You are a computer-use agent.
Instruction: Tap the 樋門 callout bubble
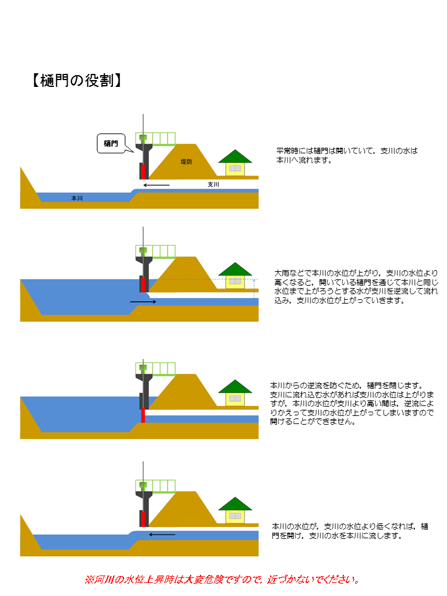tap(112, 143)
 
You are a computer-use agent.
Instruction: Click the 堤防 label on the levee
tap(186, 162)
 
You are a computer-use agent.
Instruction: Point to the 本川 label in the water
tap(77, 198)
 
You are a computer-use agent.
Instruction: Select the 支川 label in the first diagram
tap(214, 185)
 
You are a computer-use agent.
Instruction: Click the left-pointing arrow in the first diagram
tap(155, 185)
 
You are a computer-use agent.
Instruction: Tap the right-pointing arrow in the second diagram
tap(143, 302)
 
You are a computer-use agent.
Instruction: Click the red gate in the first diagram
tap(142, 171)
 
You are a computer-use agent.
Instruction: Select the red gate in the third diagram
tap(142, 415)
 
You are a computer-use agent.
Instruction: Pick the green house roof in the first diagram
tap(235, 156)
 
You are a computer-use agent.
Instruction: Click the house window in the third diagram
tap(235, 399)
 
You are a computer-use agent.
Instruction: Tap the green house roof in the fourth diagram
tap(235, 503)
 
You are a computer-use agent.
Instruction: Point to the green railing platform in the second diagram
tap(156, 251)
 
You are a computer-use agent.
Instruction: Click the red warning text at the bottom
tap(222, 580)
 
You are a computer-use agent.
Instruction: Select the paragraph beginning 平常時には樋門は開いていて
tap(348, 155)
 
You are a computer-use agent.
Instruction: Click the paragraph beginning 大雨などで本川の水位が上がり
tap(356, 286)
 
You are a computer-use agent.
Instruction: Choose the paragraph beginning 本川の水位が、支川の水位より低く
tap(350, 530)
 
